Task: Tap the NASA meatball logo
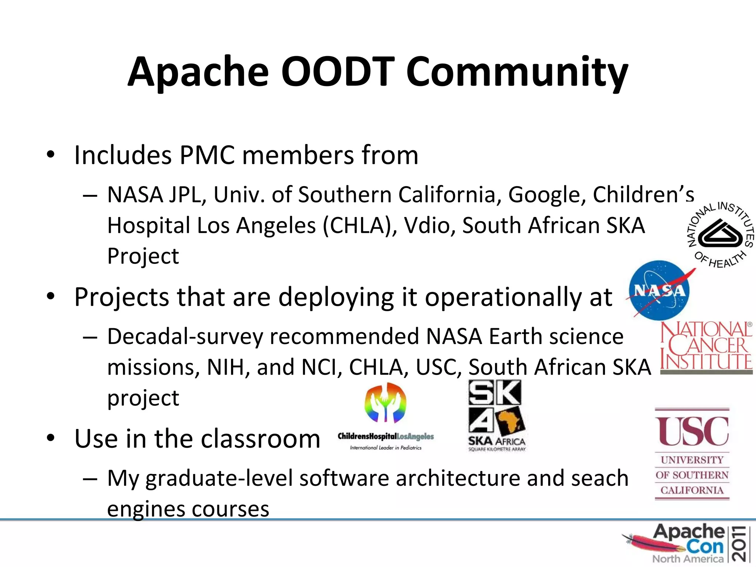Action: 659,290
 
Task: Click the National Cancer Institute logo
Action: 706,347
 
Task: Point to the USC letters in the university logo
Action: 692,431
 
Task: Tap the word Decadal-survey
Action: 185,337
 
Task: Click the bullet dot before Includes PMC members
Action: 51,154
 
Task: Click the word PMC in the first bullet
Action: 207,155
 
